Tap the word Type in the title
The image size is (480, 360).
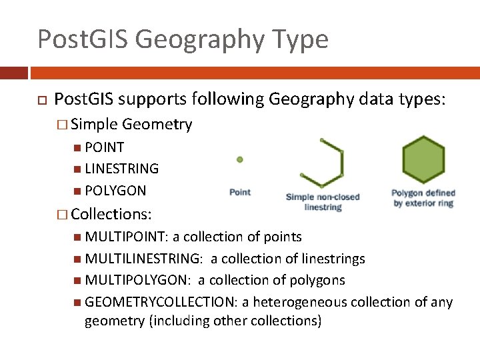click(x=298, y=39)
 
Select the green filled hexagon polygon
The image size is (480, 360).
click(x=423, y=160)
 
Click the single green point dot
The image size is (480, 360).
click(x=240, y=160)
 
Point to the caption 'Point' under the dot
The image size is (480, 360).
click(x=240, y=192)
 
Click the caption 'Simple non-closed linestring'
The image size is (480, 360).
click(x=323, y=202)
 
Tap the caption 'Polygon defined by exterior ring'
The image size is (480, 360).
click(x=423, y=198)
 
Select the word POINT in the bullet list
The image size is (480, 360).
click(x=105, y=147)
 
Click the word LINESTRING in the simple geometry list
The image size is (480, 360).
click(x=122, y=169)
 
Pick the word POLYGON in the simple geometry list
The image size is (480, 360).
click(x=116, y=191)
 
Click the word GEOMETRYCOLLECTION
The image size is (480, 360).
click(x=161, y=302)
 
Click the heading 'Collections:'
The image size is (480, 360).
click(x=111, y=215)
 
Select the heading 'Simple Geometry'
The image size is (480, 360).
click(x=131, y=124)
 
